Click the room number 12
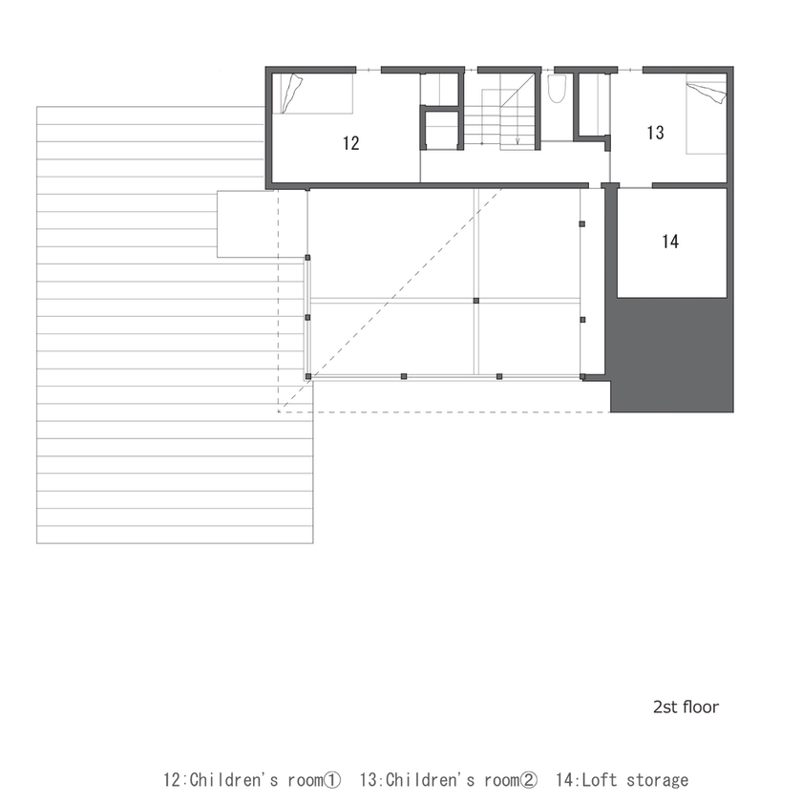[350, 143]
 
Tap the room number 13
[655, 133]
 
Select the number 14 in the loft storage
[669, 242]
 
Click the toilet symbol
[558, 89]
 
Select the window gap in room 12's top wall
[369, 70]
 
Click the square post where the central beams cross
[475, 301]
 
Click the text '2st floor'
[686, 707]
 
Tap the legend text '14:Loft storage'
[621, 780]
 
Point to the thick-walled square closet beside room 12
[441, 131]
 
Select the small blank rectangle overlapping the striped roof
[246, 223]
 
